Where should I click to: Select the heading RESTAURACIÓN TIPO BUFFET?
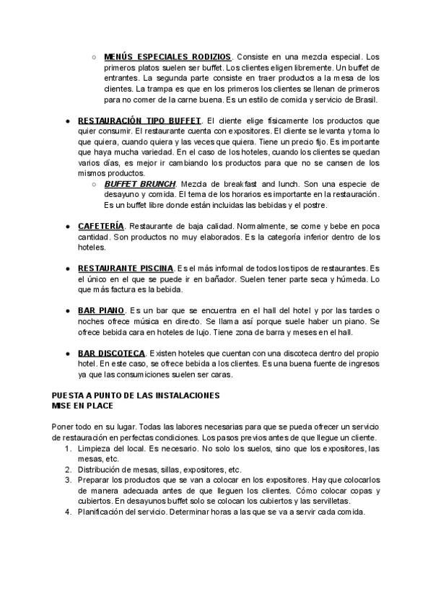139,120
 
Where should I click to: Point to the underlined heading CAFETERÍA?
100,226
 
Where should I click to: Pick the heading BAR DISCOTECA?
111,353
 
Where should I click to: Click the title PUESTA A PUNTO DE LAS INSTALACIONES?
136,396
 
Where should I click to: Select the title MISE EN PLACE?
84,406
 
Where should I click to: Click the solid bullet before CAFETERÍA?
67,227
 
